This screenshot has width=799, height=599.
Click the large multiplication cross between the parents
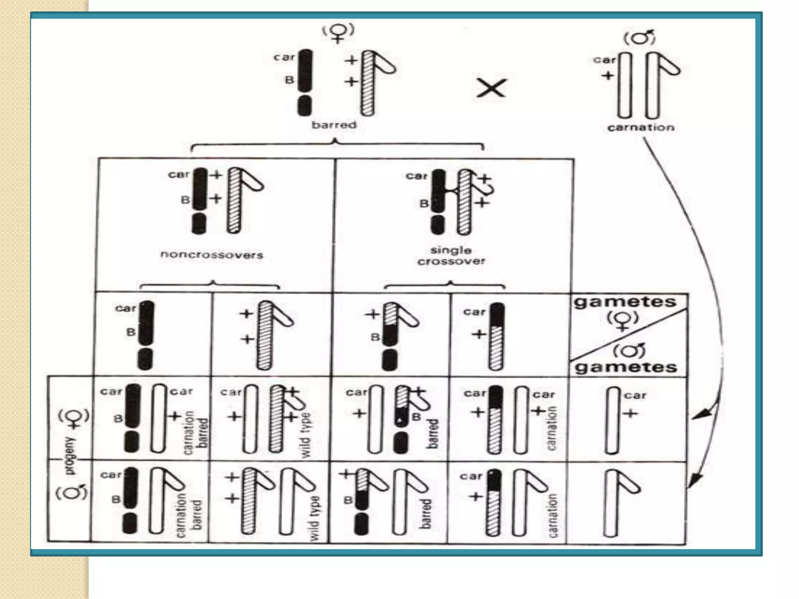(491, 88)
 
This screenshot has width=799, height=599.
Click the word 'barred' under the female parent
(334, 125)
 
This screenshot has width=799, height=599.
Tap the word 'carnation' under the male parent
(641, 128)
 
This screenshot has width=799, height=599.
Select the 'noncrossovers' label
(212, 255)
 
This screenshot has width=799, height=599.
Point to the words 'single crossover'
(451, 256)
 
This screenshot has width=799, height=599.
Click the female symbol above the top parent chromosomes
(338, 33)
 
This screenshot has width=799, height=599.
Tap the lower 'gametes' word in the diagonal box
(626, 367)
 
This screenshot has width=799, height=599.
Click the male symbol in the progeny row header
(72, 492)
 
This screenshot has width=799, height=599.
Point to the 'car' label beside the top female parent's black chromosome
(284, 57)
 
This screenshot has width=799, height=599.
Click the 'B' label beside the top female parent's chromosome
(289, 80)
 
